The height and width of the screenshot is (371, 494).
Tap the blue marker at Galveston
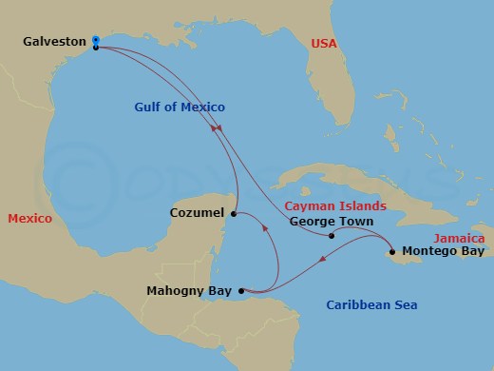click(x=96, y=41)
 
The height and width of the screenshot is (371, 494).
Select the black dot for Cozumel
click(x=235, y=212)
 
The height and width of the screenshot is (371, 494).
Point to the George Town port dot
click(x=331, y=236)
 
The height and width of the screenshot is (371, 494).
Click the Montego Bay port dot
click(x=391, y=252)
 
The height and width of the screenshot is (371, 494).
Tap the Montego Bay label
click(x=442, y=252)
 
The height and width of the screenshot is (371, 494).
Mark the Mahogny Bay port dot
click(x=241, y=291)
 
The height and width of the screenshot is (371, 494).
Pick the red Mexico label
click(x=30, y=218)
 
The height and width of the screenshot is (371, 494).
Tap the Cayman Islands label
click(x=336, y=205)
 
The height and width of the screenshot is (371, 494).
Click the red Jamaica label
click(x=459, y=238)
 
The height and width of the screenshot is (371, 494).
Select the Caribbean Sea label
click(x=371, y=305)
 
